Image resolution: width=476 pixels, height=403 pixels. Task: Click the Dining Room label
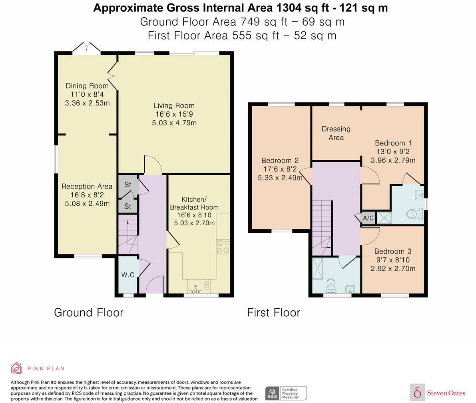(x=87, y=86)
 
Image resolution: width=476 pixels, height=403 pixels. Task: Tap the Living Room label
(x=174, y=105)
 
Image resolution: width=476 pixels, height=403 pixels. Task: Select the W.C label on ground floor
(x=128, y=275)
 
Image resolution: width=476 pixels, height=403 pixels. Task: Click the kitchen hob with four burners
(x=223, y=246)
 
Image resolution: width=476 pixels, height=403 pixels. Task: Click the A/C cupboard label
(x=368, y=218)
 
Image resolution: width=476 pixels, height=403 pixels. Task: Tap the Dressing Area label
(x=336, y=133)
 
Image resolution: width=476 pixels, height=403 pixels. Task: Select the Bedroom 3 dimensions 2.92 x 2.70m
(x=393, y=268)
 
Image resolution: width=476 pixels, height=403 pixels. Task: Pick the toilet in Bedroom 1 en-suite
(x=415, y=214)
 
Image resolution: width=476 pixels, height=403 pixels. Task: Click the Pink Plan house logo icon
(x=16, y=368)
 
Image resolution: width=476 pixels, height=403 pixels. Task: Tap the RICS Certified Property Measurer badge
(x=286, y=393)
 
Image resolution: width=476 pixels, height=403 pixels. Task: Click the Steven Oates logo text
(x=446, y=393)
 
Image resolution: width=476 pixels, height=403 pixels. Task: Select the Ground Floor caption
(x=89, y=313)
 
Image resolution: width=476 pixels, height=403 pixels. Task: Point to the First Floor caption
(x=273, y=313)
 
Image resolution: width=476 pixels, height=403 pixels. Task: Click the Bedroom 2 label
(x=280, y=161)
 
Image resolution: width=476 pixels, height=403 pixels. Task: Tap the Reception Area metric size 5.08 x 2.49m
(x=87, y=204)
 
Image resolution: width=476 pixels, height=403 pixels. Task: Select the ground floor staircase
(x=128, y=234)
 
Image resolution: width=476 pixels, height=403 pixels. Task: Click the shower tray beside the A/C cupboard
(x=384, y=218)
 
